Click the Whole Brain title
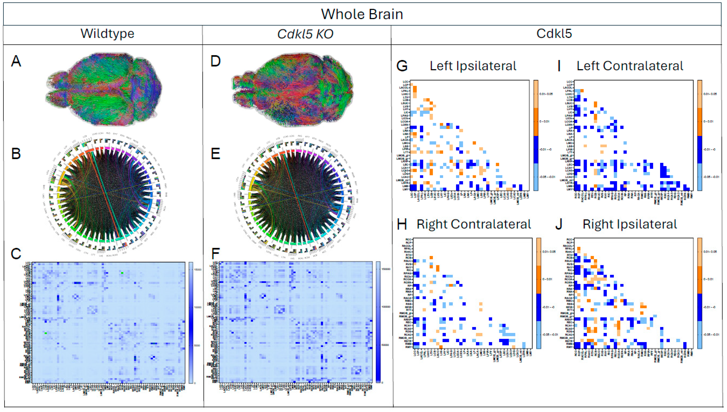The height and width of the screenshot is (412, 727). click(362, 14)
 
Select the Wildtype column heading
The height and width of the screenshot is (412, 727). click(107, 34)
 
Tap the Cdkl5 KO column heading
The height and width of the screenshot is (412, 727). click(305, 34)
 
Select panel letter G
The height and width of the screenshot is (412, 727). click(402, 66)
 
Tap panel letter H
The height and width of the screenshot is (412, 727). click(402, 224)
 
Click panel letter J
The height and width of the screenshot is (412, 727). click(558, 224)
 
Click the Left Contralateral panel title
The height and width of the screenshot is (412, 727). click(630, 66)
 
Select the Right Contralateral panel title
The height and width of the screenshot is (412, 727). click(474, 224)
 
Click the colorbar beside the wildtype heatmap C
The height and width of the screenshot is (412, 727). click(191, 323)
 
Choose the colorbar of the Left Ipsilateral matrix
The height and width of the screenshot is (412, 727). click(536, 135)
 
